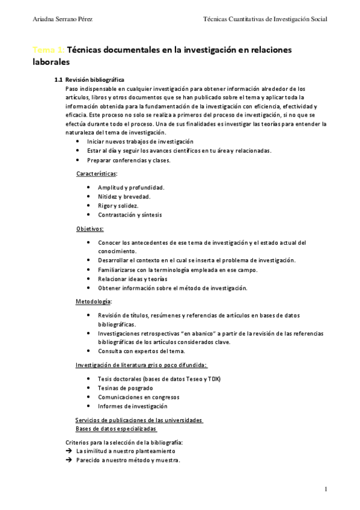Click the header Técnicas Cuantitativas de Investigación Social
265,20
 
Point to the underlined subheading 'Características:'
97,173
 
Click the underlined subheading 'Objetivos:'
90,229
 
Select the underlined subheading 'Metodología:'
93,301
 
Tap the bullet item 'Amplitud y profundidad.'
131,188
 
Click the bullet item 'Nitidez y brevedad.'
124,197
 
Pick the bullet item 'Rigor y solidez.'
118,206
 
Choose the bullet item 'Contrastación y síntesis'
129,215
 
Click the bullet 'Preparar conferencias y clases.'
129,161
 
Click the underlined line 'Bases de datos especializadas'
116,429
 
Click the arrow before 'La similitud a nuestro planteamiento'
69,451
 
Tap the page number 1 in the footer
325,490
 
